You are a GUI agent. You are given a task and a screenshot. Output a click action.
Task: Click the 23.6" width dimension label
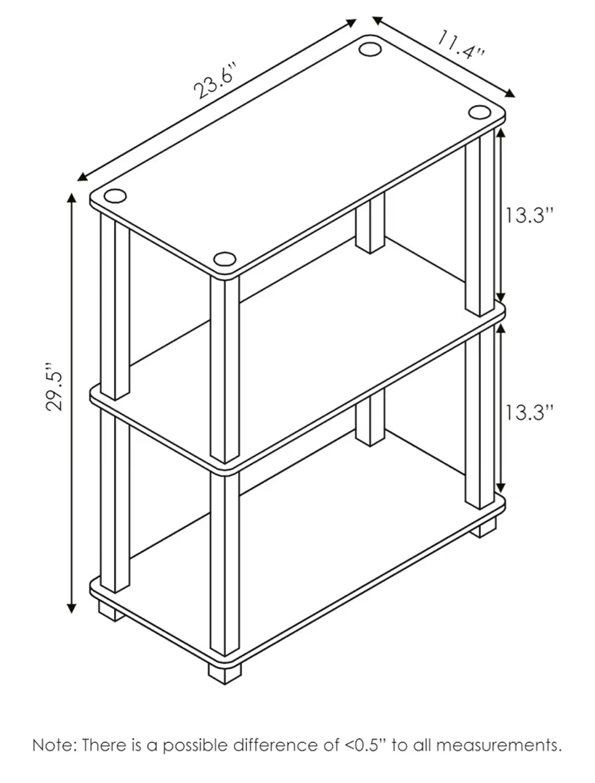click(x=215, y=81)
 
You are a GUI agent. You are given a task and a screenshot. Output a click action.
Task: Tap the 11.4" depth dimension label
click(x=461, y=45)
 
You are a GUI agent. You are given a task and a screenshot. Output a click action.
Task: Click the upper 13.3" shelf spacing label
click(x=529, y=215)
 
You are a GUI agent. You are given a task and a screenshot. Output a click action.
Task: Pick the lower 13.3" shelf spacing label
click(x=529, y=412)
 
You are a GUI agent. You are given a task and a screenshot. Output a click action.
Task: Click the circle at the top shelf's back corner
click(x=370, y=49)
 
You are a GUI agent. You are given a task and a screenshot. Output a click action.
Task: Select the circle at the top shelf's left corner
click(x=115, y=196)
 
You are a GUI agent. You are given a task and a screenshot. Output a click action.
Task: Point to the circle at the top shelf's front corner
click(x=225, y=259)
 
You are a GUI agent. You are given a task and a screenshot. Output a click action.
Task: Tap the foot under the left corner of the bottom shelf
click(x=111, y=611)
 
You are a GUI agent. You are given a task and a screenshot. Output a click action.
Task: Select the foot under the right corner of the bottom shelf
click(x=483, y=529)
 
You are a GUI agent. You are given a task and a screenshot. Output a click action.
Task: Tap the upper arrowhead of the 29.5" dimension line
click(x=72, y=197)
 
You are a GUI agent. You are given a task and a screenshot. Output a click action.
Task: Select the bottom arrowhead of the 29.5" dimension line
click(x=72, y=609)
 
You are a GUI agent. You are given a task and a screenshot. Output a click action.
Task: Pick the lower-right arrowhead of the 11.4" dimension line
click(x=510, y=94)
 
